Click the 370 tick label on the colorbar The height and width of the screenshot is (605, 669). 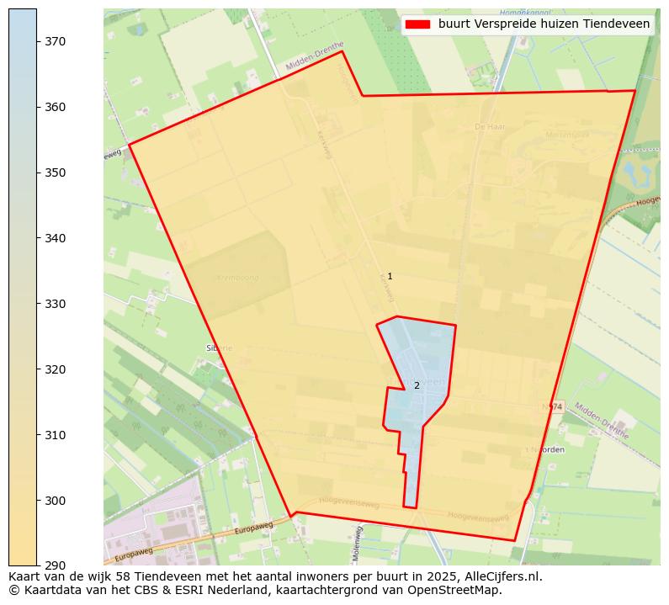(x=56, y=41)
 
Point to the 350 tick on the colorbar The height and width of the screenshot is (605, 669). (x=56, y=172)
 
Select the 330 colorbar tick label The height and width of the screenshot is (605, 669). (x=56, y=304)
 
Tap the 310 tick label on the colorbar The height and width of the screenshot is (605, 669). (x=56, y=435)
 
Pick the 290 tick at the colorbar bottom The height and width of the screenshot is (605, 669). (x=56, y=565)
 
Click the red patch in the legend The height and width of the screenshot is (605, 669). (x=417, y=24)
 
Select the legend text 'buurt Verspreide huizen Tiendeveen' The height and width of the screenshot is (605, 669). (x=544, y=24)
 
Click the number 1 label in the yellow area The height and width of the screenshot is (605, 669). (x=390, y=277)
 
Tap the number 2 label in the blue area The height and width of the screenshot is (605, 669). (x=417, y=386)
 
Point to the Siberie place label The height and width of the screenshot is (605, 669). (x=218, y=348)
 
